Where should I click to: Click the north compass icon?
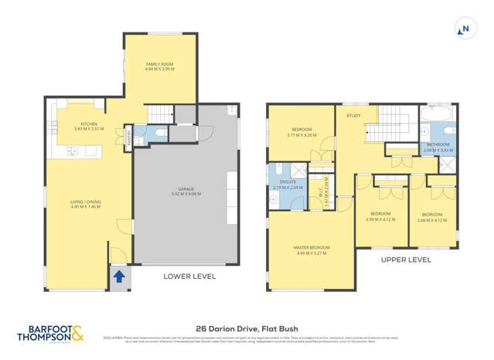465,30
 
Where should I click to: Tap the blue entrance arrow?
119,275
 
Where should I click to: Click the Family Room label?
161,66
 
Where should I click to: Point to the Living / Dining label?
86,204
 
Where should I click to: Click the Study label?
354,116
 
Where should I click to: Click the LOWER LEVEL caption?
189,276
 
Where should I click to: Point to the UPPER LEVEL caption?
405,260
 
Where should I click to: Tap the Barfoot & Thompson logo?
50,333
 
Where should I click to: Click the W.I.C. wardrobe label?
327,185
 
